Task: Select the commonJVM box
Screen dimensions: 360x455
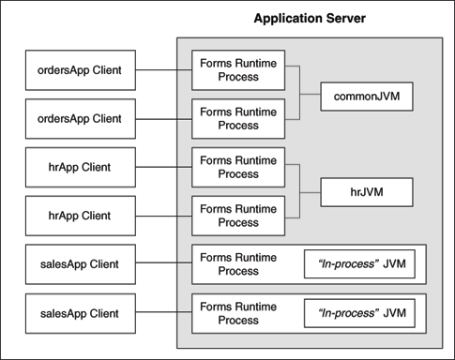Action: pos(367,96)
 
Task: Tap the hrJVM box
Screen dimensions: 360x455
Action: pos(367,192)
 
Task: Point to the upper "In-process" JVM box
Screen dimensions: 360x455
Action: pos(359,264)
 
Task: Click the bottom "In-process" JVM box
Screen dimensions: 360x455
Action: pos(359,313)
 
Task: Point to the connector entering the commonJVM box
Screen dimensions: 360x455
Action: pos(310,96)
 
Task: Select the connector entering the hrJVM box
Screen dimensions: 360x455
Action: pos(310,192)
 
